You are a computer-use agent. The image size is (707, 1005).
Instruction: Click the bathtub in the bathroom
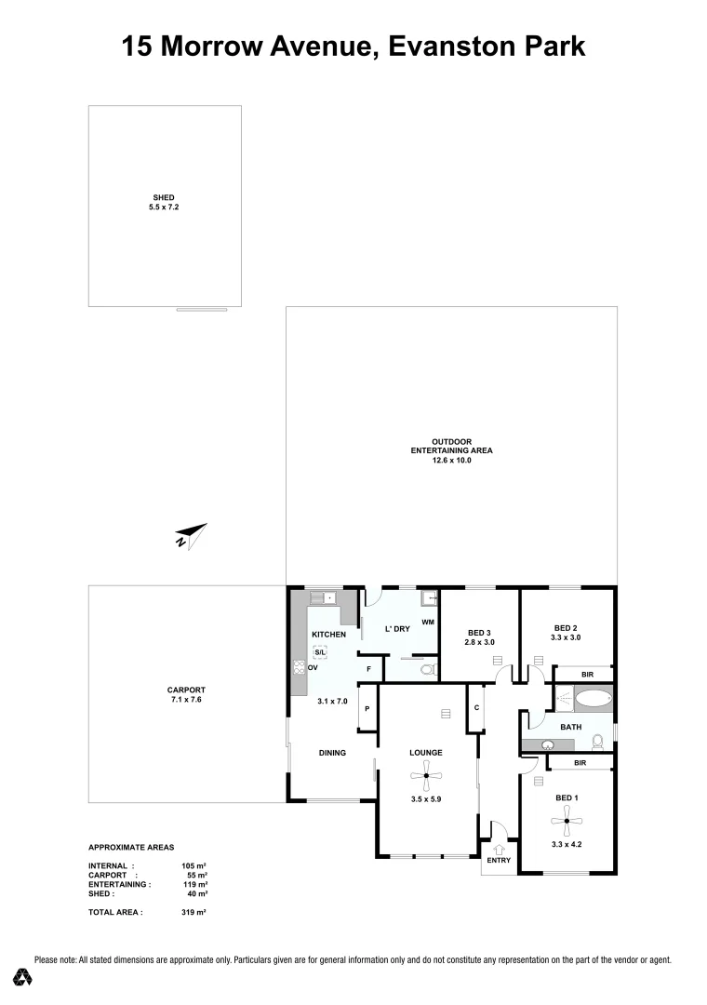coord(590,698)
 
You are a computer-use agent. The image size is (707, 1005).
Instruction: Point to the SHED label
coord(164,198)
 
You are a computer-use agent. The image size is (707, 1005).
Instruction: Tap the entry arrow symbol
coord(499,849)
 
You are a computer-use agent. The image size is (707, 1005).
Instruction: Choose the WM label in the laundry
coord(428,622)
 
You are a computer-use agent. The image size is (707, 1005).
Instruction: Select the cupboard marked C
coord(475,708)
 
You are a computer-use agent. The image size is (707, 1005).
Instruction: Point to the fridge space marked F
coord(369,669)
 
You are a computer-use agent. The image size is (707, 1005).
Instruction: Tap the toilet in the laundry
coord(427,668)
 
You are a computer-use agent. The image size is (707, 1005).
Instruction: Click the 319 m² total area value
coord(193,913)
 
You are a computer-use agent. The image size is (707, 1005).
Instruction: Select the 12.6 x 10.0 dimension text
coord(451,460)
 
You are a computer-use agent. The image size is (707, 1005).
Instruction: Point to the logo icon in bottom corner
coord(23,977)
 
